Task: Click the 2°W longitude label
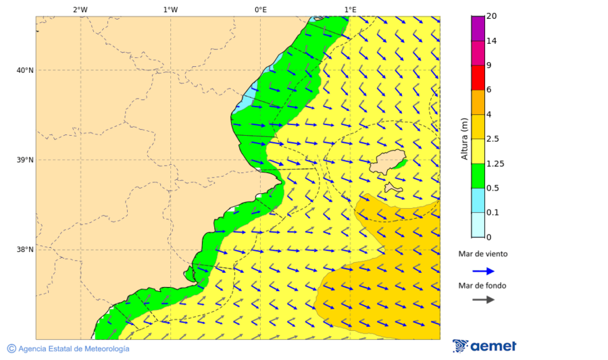click(80, 9)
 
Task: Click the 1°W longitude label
click(170, 9)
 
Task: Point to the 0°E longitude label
click(260, 9)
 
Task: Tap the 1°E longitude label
click(350, 9)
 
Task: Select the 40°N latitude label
click(25, 70)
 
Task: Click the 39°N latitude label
click(25, 160)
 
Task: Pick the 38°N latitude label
click(25, 250)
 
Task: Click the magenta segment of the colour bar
click(478, 28)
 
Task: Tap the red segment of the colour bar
click(478, 78)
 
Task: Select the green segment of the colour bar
click(478, 176)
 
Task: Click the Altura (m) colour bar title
click(464, 138)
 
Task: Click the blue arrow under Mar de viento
click(483, 270)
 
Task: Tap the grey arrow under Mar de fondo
click(483, 300)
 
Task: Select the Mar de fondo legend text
click(482, 286)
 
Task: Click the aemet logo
click(484, 346)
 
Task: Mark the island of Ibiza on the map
click(387, 163)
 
